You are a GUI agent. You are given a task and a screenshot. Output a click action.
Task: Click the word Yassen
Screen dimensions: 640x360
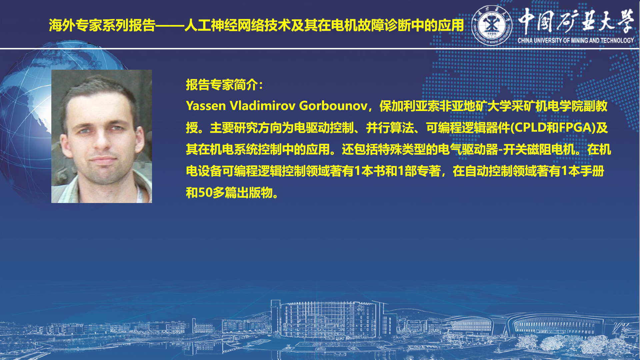tap(206, 106)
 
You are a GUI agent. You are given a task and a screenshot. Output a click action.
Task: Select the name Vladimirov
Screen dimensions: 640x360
tap(263, 106)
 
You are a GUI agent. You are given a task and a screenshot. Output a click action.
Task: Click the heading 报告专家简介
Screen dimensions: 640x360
tap(222, 85)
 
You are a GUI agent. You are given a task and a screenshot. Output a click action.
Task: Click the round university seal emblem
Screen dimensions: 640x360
tap(492, 25)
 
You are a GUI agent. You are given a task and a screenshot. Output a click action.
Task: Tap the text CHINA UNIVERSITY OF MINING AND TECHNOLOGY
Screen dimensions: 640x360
tap(576, 40)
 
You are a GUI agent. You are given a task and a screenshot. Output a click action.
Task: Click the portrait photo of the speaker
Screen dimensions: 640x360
tap(102, 136)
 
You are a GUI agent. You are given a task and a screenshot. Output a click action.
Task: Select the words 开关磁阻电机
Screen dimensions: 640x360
tap(539, 149)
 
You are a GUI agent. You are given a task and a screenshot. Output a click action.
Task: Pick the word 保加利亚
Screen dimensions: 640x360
tap(403, 106)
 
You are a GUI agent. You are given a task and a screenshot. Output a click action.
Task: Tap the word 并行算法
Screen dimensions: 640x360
tap(390, 128)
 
